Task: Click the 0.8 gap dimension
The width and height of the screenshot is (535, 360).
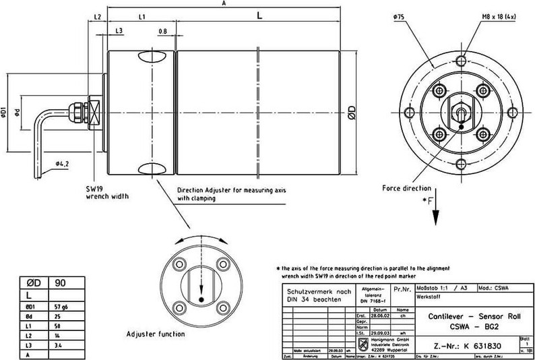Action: [x=162, y=31]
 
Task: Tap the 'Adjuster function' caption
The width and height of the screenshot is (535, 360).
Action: [x=156, y=334]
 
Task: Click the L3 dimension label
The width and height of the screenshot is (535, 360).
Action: [x=119, y=31]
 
